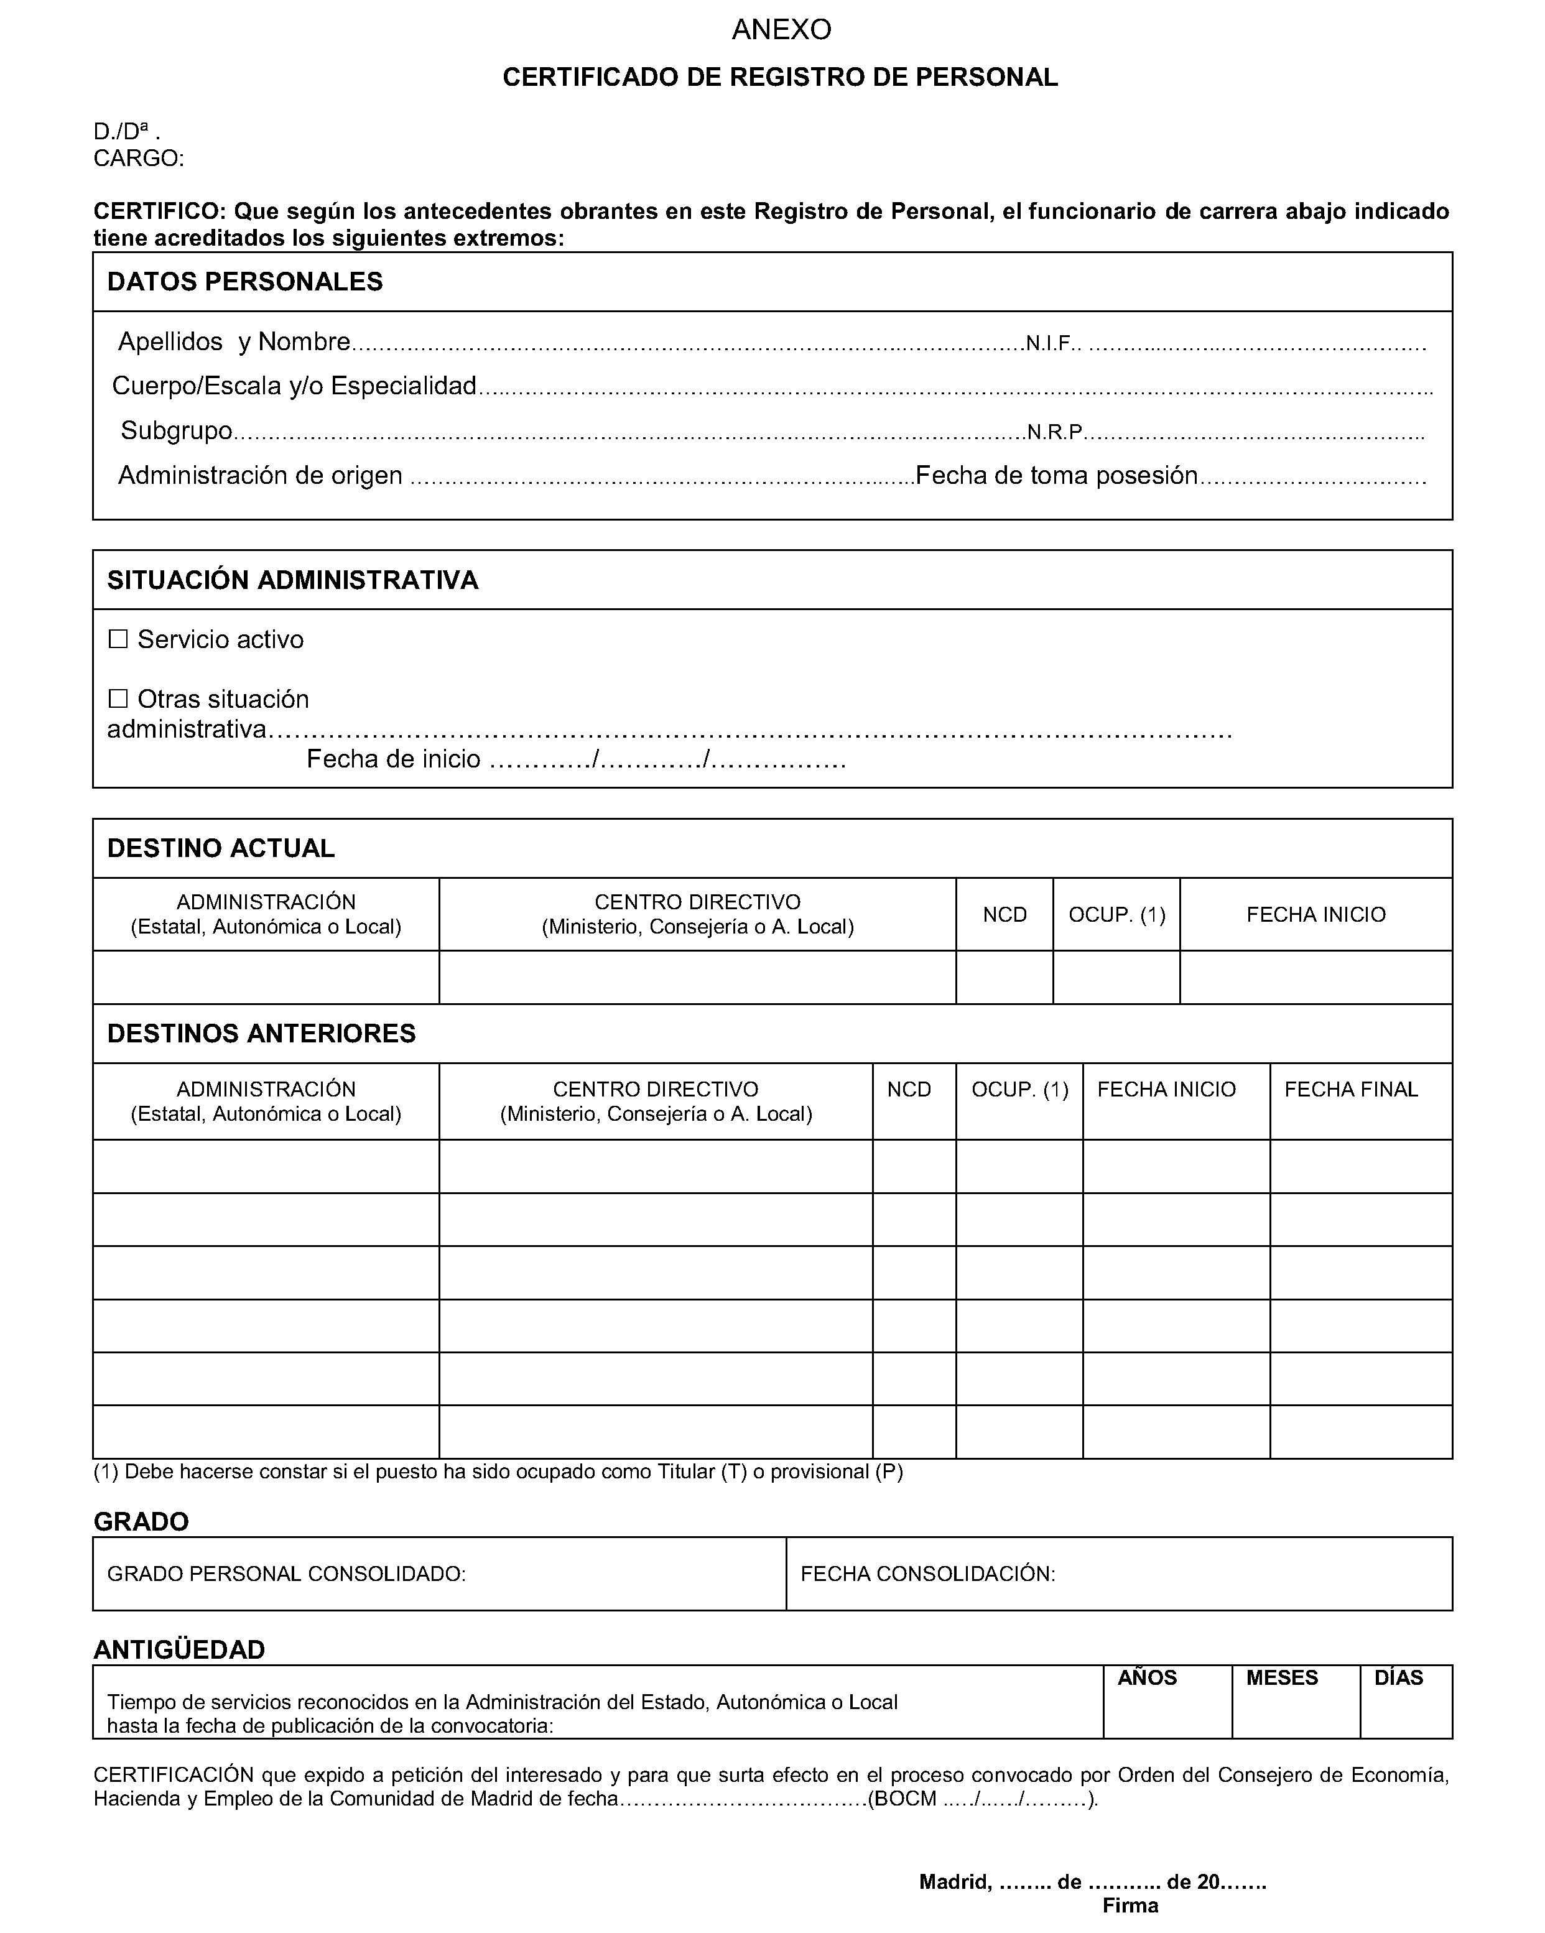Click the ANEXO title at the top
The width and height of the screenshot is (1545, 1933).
781,30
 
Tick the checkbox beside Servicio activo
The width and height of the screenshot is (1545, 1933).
118,639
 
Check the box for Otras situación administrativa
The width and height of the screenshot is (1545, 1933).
118,698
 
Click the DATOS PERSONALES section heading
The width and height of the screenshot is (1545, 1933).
245,282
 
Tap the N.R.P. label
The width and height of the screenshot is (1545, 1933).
1054,432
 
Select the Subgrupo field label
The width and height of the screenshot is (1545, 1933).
177,430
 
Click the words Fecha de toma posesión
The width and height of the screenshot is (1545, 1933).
1056,475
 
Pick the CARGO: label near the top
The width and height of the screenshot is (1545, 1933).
139,159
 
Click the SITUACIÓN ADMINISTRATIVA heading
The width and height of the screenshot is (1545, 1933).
292,580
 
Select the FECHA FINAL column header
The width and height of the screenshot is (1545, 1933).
1350,1089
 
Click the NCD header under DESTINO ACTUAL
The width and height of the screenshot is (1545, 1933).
1004,914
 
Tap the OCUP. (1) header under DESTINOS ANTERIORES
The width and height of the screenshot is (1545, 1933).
1019,1089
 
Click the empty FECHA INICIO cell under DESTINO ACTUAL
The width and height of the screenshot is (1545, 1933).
1315,977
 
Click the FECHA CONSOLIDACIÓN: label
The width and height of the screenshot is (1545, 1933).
927,1574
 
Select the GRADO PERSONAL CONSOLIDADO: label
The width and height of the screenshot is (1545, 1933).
286,1574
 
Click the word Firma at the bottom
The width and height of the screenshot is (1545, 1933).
1130,1905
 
